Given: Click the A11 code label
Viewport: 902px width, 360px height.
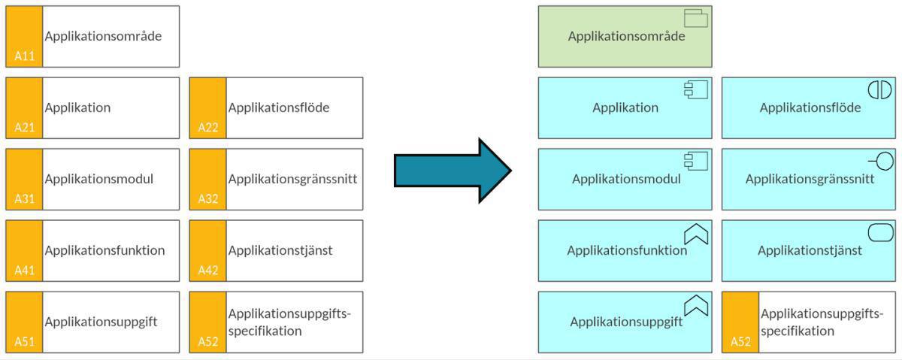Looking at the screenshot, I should [24, 56].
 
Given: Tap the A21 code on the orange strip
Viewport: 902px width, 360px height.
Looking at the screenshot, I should [24, 128].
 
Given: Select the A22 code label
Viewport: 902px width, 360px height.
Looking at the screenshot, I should [208, 128].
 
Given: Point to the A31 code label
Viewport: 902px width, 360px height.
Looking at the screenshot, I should [24, 199].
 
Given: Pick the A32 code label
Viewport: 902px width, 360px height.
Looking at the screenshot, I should [208, 199].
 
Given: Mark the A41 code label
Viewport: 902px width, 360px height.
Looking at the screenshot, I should [24, 271].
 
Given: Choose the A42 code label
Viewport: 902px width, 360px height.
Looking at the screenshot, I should [208, 271].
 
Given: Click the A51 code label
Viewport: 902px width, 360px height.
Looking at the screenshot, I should [24, 342].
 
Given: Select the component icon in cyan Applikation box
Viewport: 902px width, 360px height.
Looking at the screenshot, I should [695, 89].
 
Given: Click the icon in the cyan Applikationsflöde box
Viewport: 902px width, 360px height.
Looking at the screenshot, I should [879, 89].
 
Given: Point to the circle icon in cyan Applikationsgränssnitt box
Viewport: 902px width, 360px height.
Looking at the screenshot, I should [880, 160].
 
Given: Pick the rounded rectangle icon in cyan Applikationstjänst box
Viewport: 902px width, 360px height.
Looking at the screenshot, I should [880, 233].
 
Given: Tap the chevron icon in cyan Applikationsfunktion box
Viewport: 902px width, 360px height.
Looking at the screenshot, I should [696, 234].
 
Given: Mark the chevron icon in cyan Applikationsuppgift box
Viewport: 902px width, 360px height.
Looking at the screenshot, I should [696, 306].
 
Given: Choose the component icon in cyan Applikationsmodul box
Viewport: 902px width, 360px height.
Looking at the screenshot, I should [695, 161].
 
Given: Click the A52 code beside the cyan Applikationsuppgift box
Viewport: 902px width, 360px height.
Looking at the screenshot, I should [740, 342].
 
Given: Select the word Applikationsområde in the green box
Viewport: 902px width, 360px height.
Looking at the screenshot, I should [626, 36].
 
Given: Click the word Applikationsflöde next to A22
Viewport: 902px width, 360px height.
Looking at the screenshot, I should [279, 107].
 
